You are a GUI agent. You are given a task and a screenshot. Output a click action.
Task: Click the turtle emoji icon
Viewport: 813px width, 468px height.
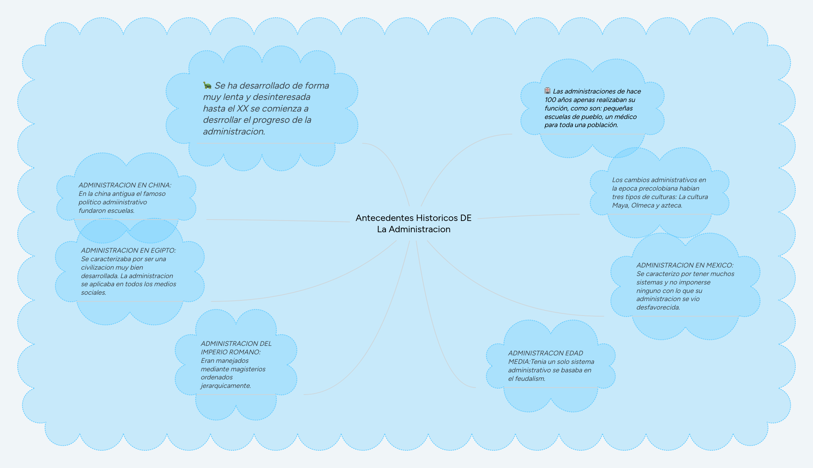[x=207, y=85]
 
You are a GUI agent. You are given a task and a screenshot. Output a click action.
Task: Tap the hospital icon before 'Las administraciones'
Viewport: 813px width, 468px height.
[x=547, y=91]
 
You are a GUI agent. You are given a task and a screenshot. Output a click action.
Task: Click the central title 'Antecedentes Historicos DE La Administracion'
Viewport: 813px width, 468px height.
[x=413, y=223]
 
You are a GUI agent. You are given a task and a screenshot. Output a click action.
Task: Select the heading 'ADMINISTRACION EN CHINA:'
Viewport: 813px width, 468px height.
[x=125, y=185]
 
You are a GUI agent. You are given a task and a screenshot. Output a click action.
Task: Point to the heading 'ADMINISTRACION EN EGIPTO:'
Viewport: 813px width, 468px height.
[x=128, y=250]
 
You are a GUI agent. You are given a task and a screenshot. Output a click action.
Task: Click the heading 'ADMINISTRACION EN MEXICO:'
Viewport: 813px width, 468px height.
[x=685, y=265]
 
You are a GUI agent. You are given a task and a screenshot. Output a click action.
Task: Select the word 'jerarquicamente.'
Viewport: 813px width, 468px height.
[x=226, y=386]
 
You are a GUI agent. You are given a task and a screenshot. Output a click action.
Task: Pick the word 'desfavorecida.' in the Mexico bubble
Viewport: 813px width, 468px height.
[x=658, y=307]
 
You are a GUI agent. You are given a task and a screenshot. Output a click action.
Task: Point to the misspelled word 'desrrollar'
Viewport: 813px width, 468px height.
[x=222, y=120]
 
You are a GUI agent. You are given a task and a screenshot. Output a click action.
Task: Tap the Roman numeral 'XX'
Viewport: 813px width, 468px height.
[x=242, y=108]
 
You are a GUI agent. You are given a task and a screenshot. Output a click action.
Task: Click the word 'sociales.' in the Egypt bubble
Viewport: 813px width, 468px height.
[x=93, y=293]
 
